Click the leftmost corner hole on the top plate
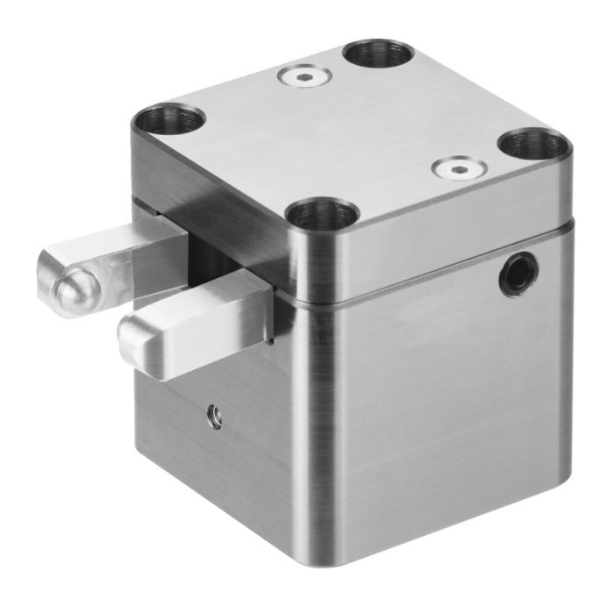[x=168, y=118]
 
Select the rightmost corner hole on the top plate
[x=534, y=142]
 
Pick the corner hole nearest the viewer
[x=322, y=213]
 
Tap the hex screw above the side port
[x=457, y=169]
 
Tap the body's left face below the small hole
[x=219, y=474]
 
